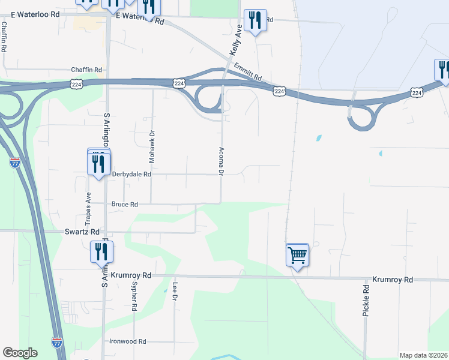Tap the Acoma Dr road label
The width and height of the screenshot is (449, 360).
coord(221,161)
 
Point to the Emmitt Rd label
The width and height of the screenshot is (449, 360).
coord(249,73)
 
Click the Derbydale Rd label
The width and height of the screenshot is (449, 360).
coord(131,174)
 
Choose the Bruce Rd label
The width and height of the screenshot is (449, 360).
coord(125,204)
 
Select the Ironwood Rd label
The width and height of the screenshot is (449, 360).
coord(128,341)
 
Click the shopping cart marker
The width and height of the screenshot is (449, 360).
coord(297,256)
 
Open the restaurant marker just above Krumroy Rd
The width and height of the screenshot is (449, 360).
coord(100,252)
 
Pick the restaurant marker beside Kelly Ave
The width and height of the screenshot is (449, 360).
coord(256,22)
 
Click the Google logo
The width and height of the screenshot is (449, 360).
coord(20,353)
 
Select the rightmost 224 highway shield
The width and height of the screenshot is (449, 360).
coord(417,91)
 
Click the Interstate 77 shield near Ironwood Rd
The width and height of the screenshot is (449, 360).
coord(56,343)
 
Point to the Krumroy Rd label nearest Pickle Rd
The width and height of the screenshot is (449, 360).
coord(393,280)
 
